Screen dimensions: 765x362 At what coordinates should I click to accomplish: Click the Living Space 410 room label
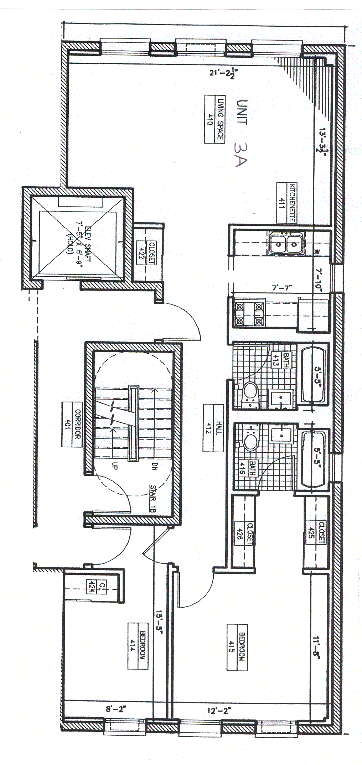tap(214, 119)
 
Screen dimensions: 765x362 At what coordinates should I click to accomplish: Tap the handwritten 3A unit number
tap(241, 154)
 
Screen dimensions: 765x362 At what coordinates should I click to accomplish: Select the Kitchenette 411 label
tap(287, 203)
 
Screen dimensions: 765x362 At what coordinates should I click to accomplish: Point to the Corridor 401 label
tap(73, 424)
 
